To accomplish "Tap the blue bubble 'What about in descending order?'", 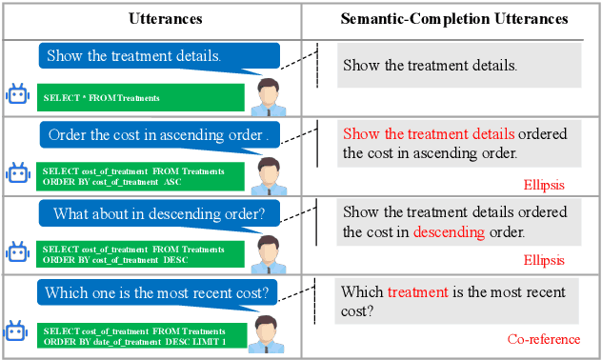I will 164,212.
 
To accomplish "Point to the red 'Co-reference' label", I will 542,339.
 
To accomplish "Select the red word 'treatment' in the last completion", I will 417,292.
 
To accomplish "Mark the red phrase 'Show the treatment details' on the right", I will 429,134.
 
